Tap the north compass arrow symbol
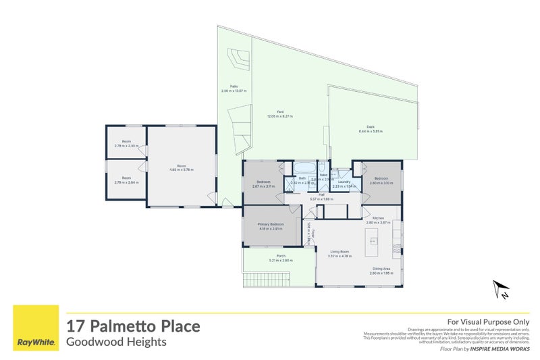pos(500,290)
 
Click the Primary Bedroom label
pos(270,226)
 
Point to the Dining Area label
pos(380,269)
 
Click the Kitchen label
pos(378,219)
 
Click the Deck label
pos(371,128)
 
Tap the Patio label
pos(234,87)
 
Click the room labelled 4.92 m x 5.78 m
pos(181,168)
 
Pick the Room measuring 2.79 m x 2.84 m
pos(126,180)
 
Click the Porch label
pos(280,257)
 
